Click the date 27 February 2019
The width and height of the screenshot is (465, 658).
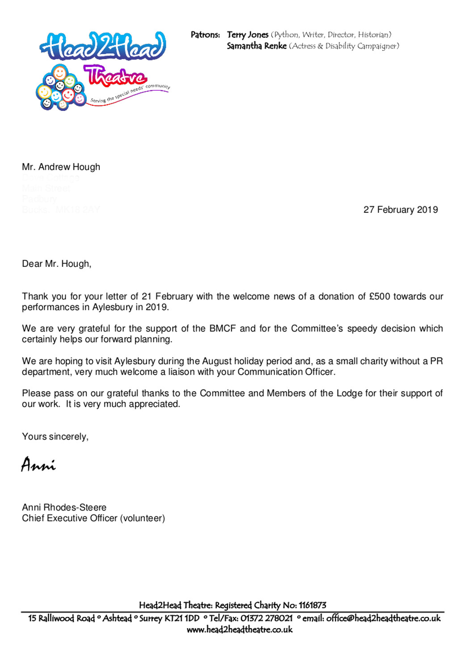pyautogui.click(x=400, y=210)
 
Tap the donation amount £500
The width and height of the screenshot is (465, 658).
pyautogui.click(x=380, y=296)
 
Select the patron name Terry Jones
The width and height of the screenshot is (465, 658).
pyautogui.click(x=247, y=35)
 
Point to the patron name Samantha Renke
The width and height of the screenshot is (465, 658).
pyautogui.click(x=256, y=46)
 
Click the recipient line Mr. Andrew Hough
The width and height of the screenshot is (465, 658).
pyautogui.click(x=61, y=167)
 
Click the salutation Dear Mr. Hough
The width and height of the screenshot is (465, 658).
pyautogui.click(x=56, y=264)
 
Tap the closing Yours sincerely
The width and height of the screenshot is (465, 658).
pyautogui.click(x=55, y=436)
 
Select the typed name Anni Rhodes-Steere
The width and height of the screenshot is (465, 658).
pyautogui.click(x=64, y=507)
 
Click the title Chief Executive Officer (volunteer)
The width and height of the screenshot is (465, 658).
pyautogui.click(x=93, y=518)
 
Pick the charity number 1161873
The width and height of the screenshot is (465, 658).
pyautogui.click(x=312, y=605)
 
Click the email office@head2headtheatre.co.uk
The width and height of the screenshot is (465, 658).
pyautogui.click(x=383, y=618)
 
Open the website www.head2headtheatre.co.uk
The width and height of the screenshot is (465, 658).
pyautogui.click(x=239, y=629)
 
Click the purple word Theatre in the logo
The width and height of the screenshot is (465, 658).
pyautogui.click(x=115, y=76)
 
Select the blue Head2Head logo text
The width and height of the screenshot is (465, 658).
pyautogui.click(x=103, y=46)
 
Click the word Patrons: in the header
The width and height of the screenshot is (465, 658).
pyautogui.click(x=205, y=35)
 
